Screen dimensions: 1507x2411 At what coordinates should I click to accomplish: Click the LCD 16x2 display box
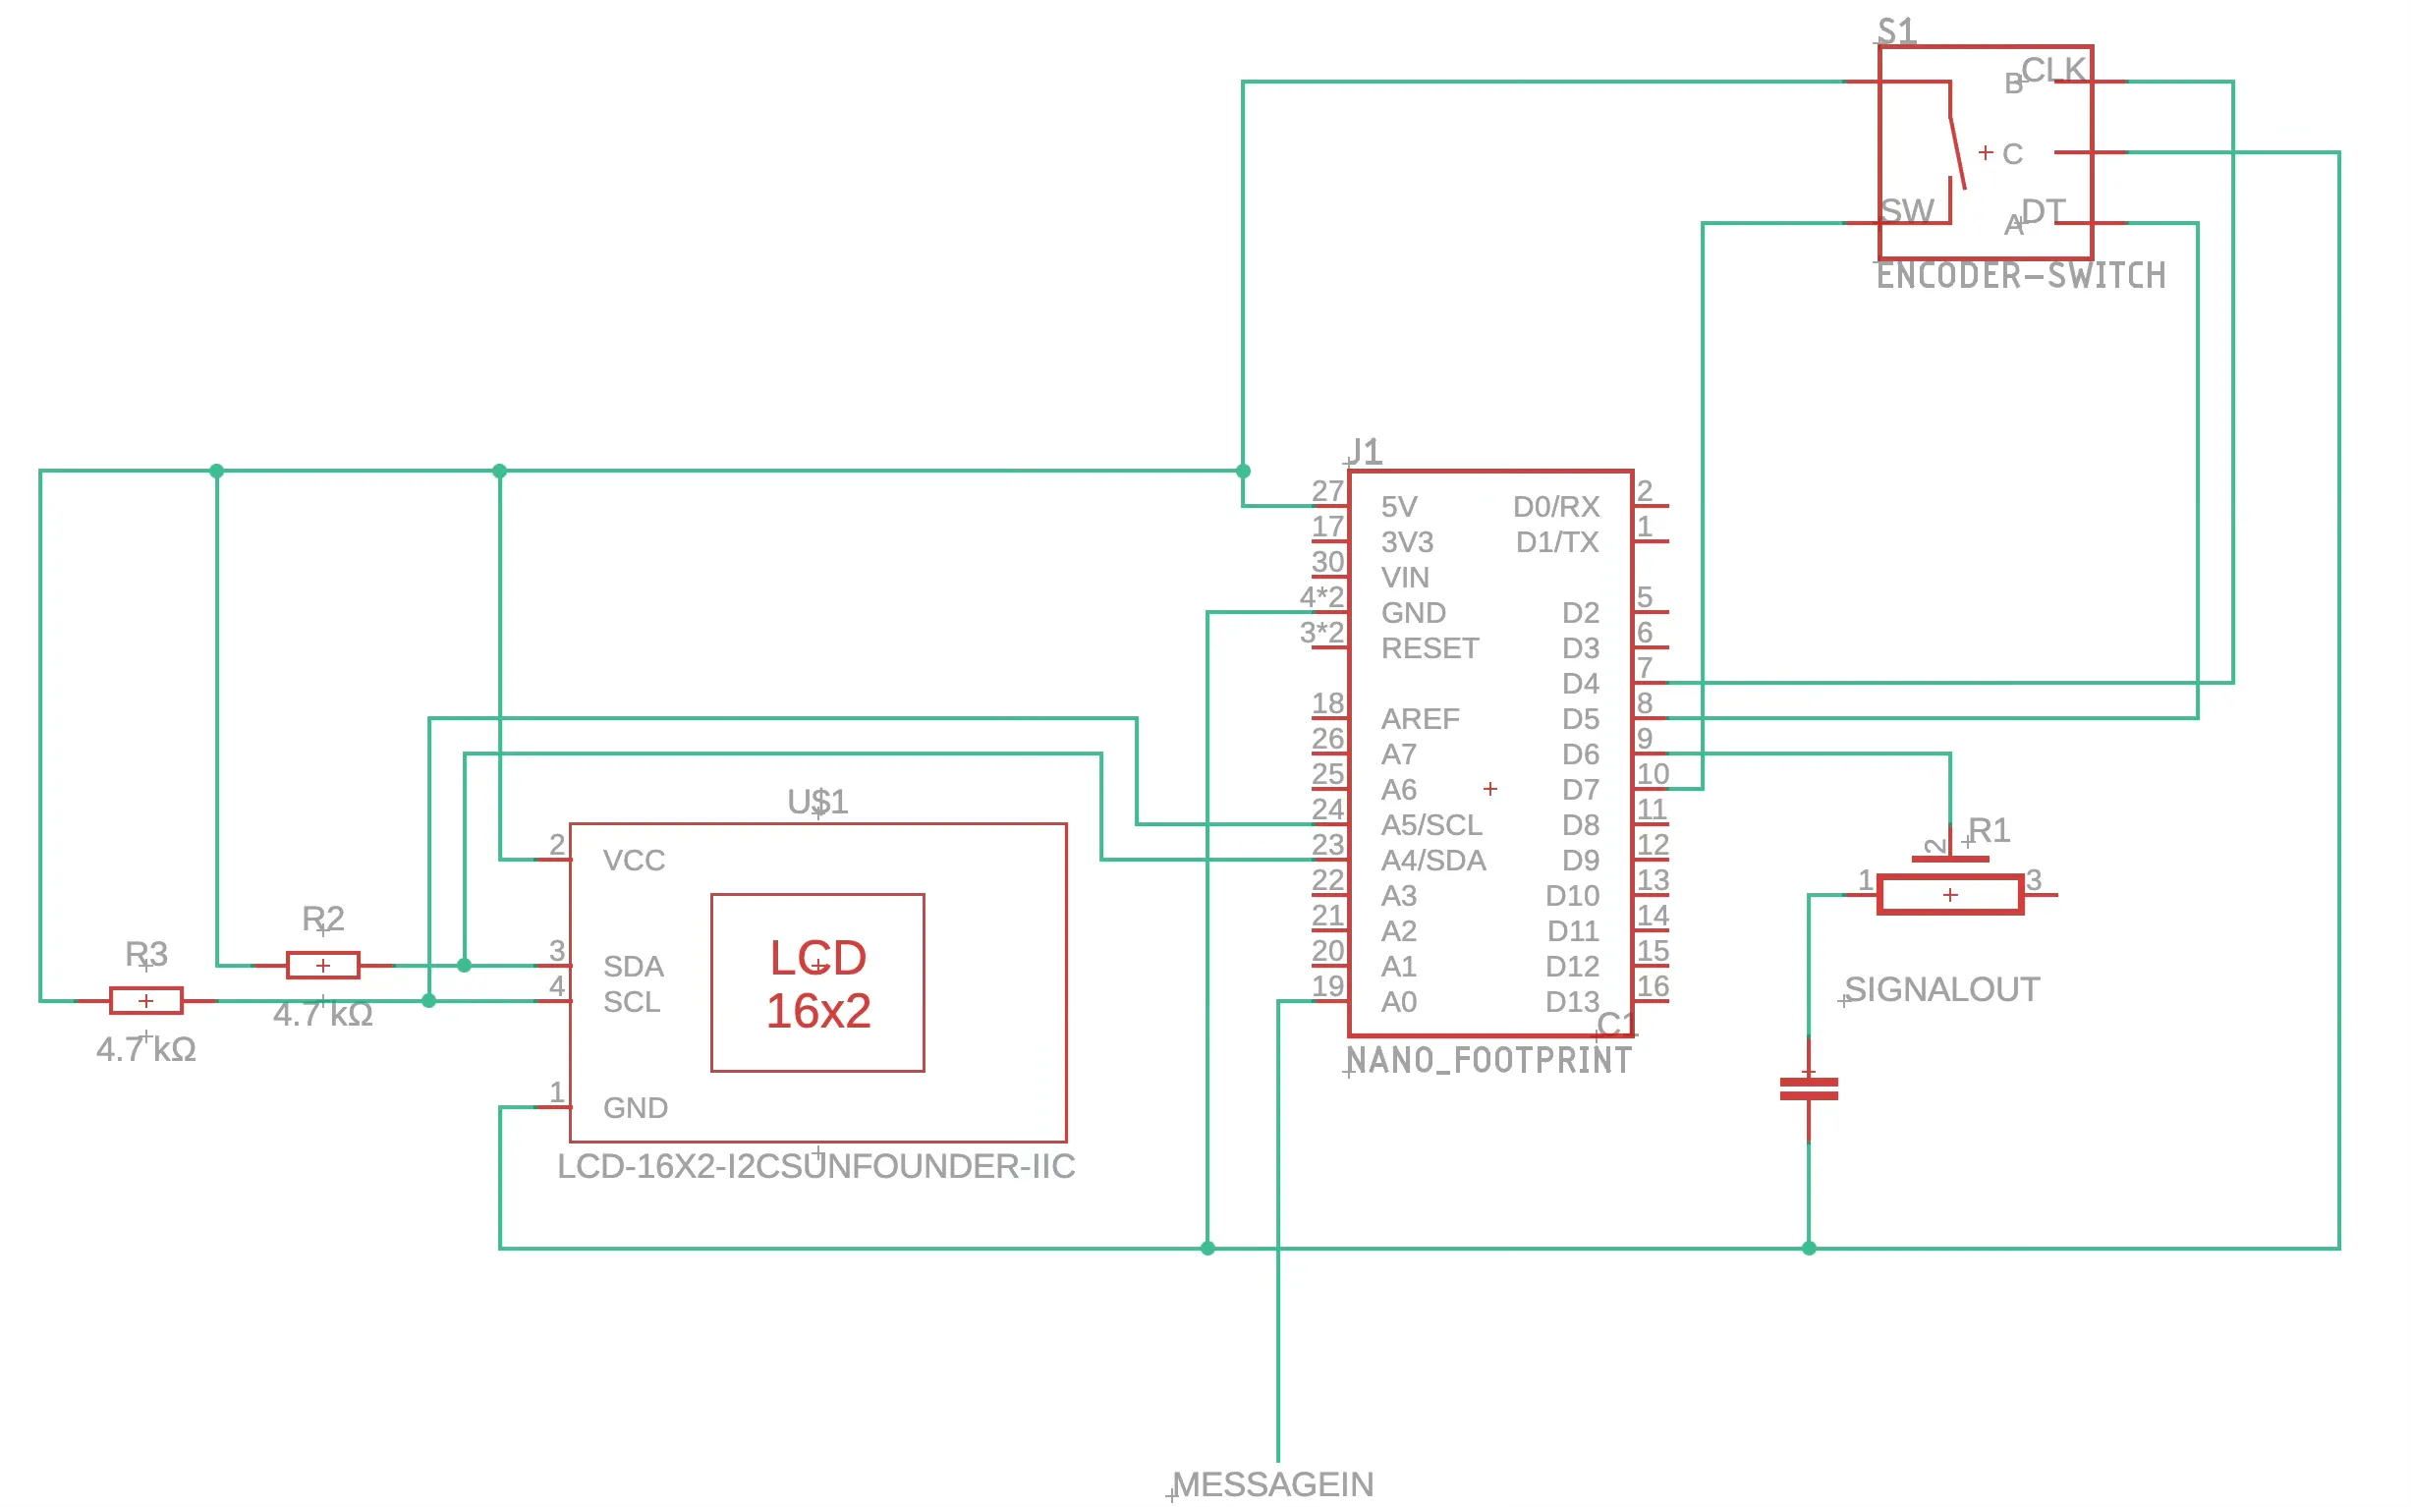[x=817, y=983]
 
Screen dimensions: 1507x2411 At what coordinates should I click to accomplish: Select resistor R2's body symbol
[x=323, y=965]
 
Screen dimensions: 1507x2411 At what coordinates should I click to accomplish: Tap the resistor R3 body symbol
[x=145, y=1000]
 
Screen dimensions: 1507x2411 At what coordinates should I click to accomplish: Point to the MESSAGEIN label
[x=1272, y=1484]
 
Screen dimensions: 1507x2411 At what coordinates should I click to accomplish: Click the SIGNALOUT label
[x=1941, y=988]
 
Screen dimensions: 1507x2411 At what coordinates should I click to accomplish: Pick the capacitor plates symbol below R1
[x=1808, y=1088]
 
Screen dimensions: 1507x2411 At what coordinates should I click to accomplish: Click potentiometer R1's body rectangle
[x=1949, y=894]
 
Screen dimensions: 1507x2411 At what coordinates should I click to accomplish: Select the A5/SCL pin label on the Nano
[x=1431, y=824]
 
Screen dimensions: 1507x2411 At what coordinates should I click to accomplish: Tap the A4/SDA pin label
[x=1432, y=861]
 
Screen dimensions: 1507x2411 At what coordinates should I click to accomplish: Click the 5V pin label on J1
[x=1398, y=506]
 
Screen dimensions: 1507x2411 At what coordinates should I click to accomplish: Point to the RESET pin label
[x=1430, y=647]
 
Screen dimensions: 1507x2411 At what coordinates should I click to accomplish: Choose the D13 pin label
[x=1572, y=1002]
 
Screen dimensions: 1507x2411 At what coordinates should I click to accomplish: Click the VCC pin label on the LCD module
[x=633, y=861]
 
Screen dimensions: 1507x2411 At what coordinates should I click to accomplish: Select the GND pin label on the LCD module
[x=635, y=1107]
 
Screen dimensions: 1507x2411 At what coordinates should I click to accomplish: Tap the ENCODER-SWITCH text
[x=2020, y=275]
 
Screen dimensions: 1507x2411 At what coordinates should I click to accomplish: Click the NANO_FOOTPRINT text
[x=1489, y=1059]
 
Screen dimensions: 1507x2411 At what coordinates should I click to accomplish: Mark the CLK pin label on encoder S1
[x=2053, y=70]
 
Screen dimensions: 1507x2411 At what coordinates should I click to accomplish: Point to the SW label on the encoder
[x=1907, y=210]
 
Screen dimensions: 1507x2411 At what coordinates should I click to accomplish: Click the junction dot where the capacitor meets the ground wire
[x=1808, y=1248]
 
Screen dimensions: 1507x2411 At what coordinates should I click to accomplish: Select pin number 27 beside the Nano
[x=1327, y=490]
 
